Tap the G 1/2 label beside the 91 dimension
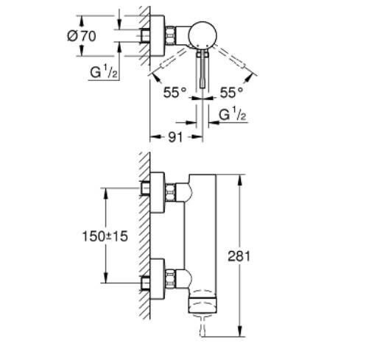point(233,116)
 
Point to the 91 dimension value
point(176,137)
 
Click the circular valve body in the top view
point(202,34)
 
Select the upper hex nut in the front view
point(172,191)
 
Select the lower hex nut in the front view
point(172,279)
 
